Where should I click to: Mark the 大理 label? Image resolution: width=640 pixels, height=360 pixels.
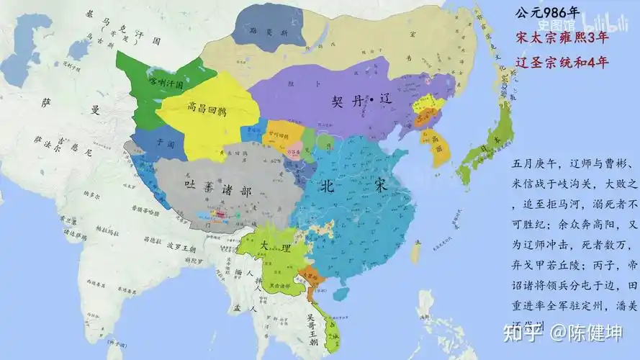point(275,246)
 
